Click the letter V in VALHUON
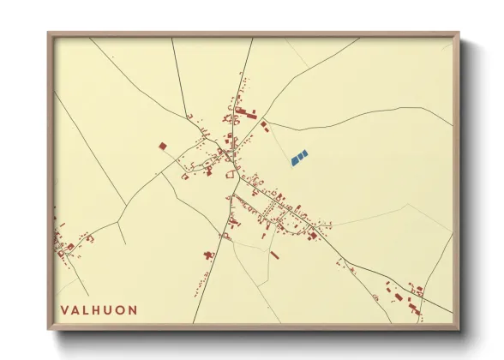pos(63,309)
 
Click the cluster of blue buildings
pos(299,158)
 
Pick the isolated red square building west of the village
pos(163,147)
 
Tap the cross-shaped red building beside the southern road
pos(208,254)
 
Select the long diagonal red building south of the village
pos(274,255)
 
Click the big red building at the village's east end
pos(314,235)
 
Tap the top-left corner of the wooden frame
pos(50,35)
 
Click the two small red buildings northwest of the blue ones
pos(265,126)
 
